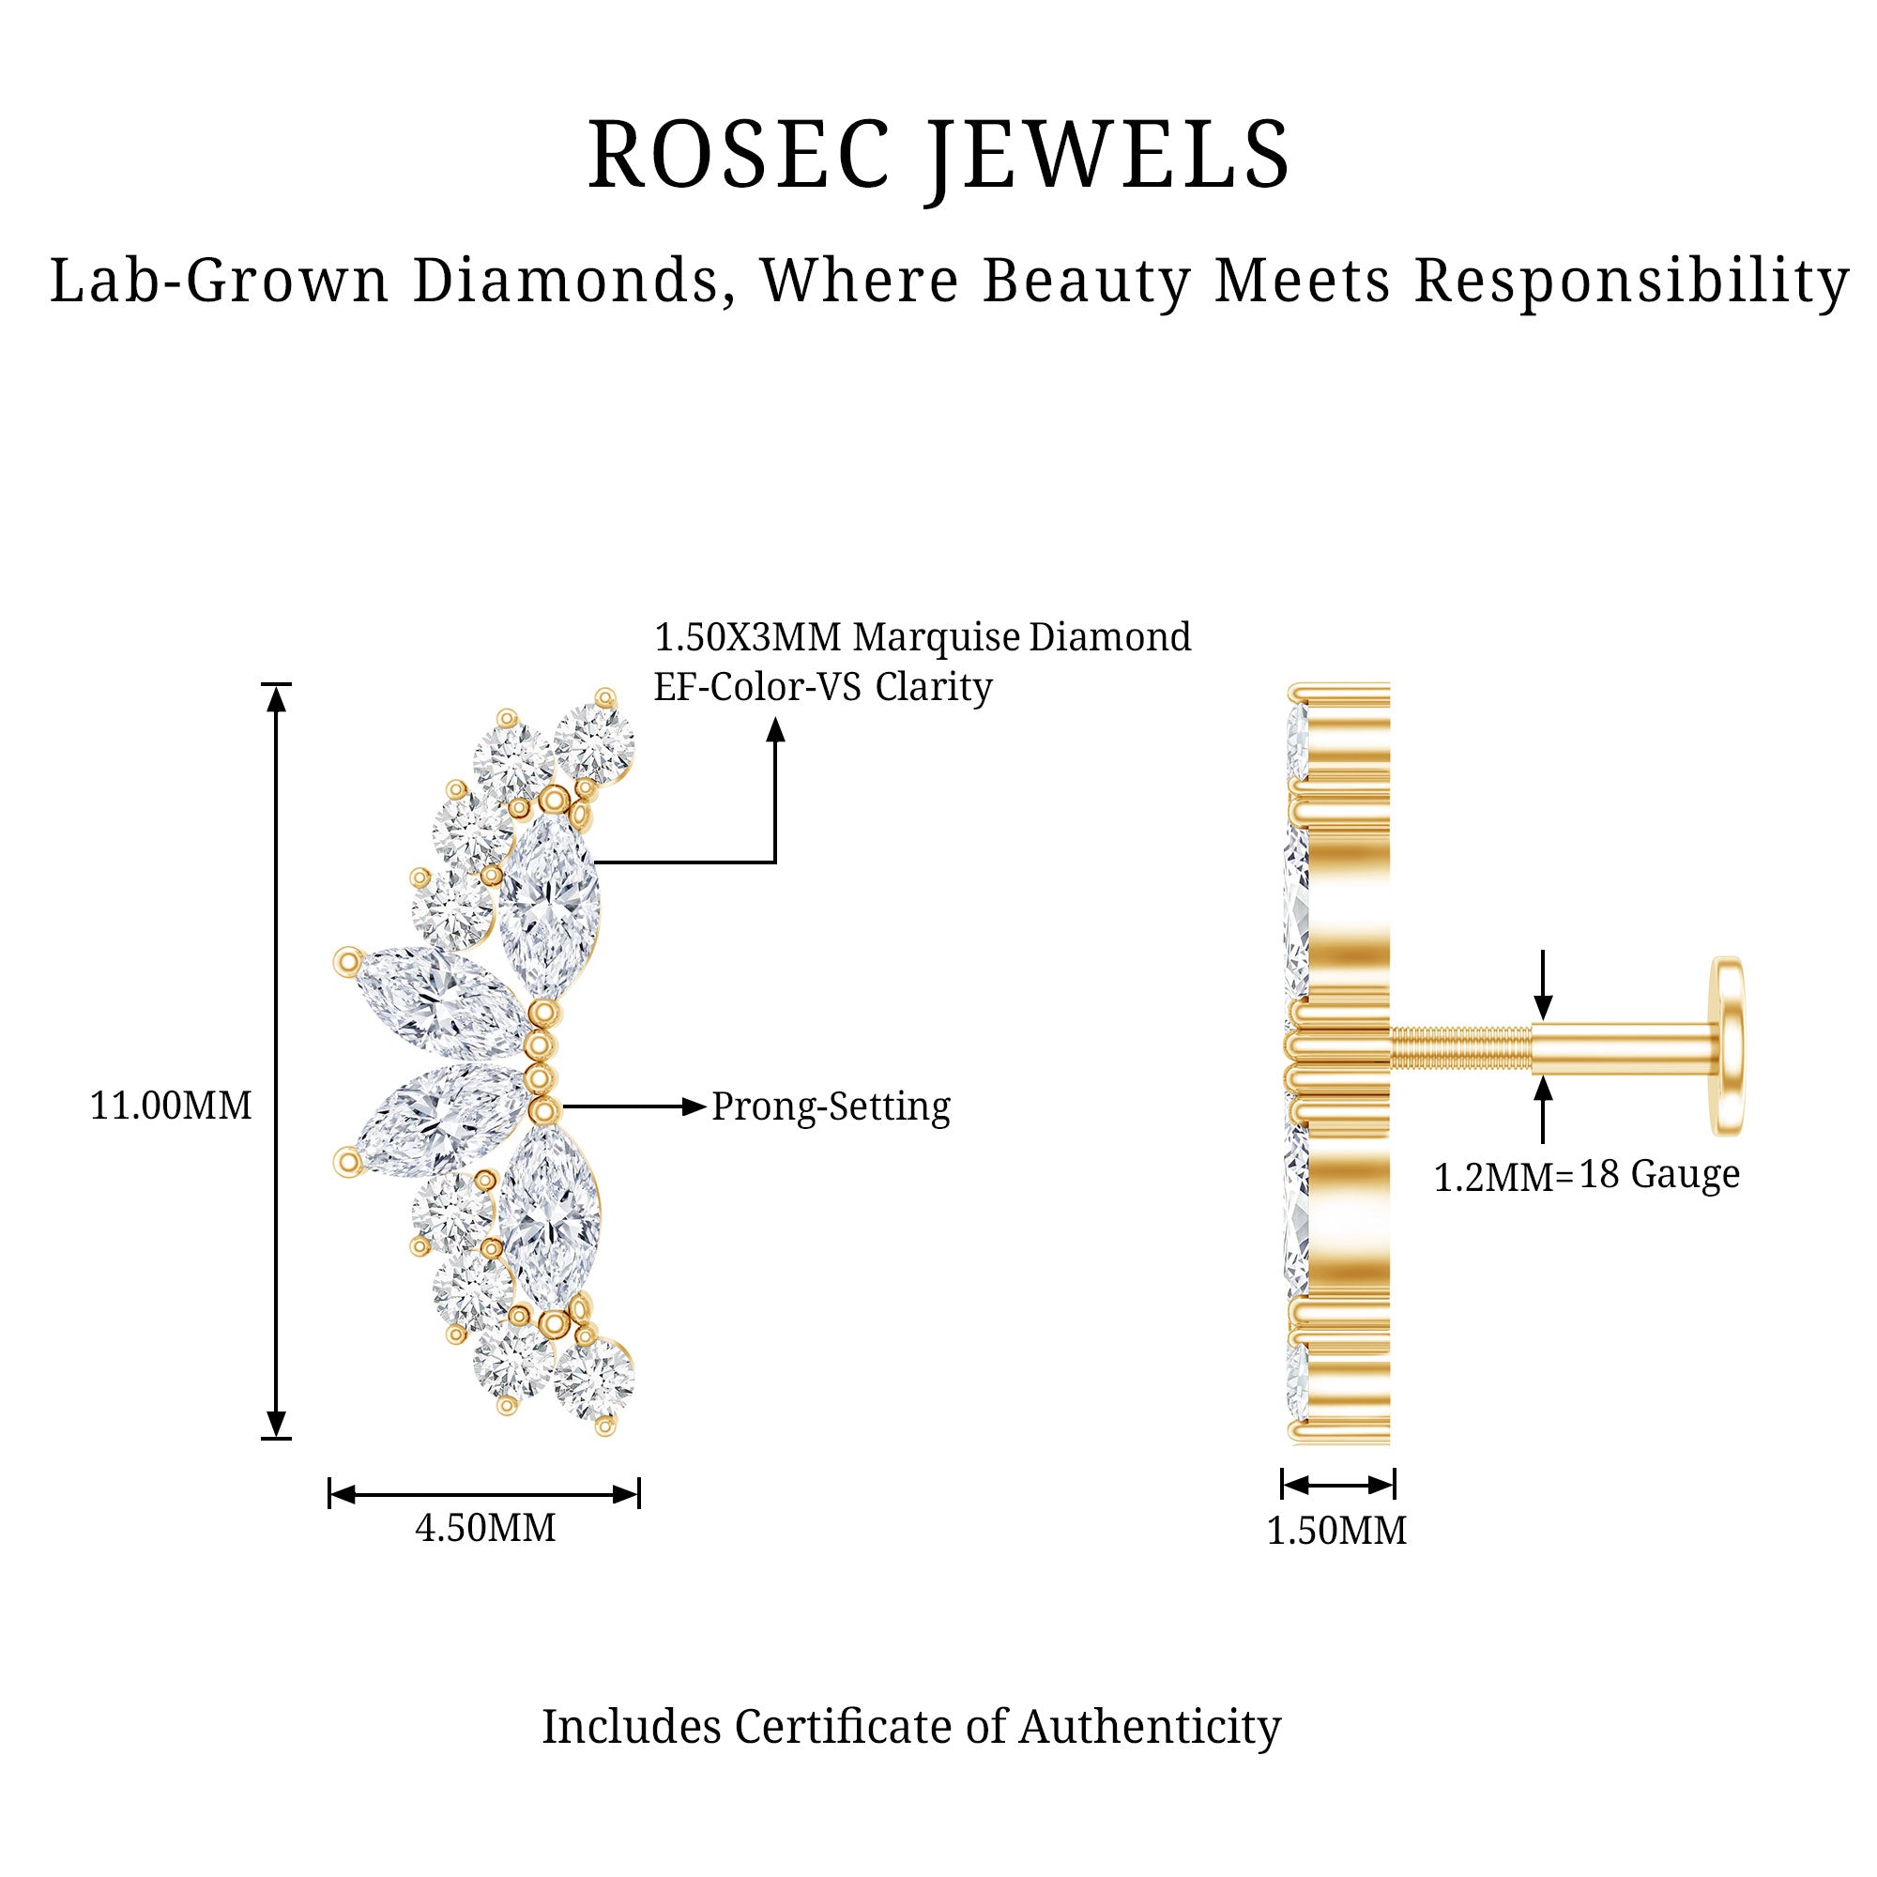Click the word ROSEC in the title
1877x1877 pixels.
(739, 156)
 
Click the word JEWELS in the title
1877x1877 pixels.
(1107, 156)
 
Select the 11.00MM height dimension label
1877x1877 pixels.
(171, 1106)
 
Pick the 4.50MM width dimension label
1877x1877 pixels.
(485, 1528)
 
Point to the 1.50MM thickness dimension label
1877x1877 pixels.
(1335, 1531)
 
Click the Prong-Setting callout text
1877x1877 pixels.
(831, 1106)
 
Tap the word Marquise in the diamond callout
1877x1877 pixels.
(937, 637)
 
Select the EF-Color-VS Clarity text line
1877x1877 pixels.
(822, 687)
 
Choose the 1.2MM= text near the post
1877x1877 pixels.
(1502, 1178)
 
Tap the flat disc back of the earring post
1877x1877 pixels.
(1729, 1046)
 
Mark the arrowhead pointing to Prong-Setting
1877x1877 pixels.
(693, 1106)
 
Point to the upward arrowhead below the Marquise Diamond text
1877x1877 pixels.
(775, 730)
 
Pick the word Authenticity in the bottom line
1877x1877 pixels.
(1150, 1727)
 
